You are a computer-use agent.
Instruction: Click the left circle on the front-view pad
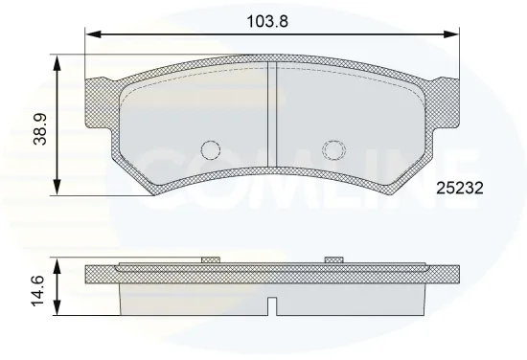[211, 150]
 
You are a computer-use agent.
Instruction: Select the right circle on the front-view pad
[332, 150]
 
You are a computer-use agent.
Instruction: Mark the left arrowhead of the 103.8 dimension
[92, 35]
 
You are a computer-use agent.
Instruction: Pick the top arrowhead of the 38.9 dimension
[58, 60]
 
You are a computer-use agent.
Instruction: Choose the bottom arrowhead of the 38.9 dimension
[58, 190]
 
